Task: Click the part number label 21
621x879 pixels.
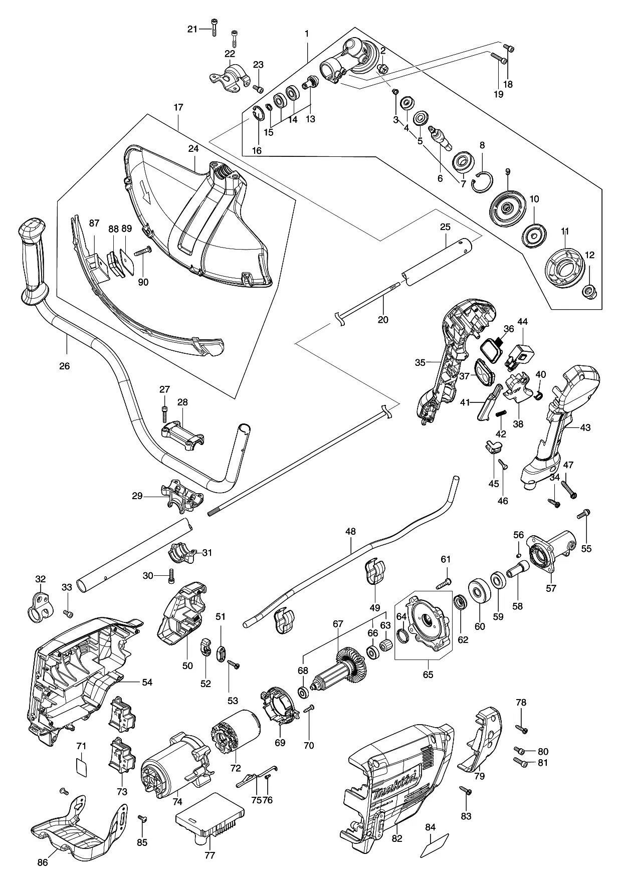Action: pyautogui.click(x=192, y=29)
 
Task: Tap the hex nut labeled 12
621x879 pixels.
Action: pyautogui.click(x=589, y=291)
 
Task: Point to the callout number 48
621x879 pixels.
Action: pyautogui.click(x=351, y=531)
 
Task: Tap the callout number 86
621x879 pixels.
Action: pyautogui.click(x=43, y=862)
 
